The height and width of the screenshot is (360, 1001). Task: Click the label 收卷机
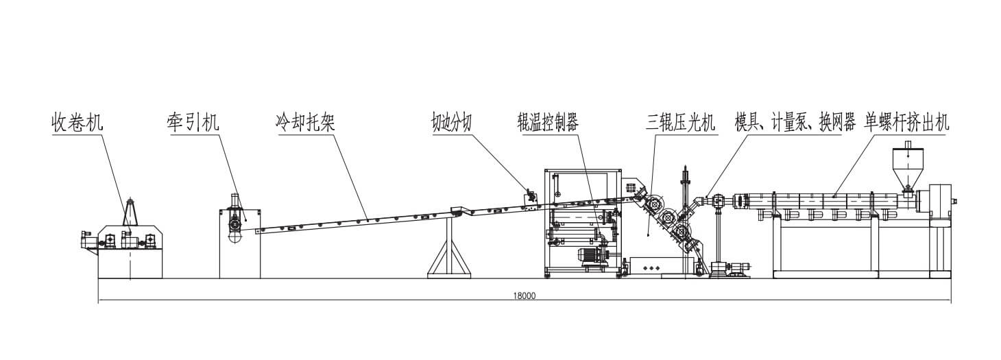77,124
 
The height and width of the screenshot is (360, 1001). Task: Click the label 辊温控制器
548,124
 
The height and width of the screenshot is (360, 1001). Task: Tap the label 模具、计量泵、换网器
795,124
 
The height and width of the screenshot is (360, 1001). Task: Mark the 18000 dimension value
524,296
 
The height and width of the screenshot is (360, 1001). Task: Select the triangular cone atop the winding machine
132,208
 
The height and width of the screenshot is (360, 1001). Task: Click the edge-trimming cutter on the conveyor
529,197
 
